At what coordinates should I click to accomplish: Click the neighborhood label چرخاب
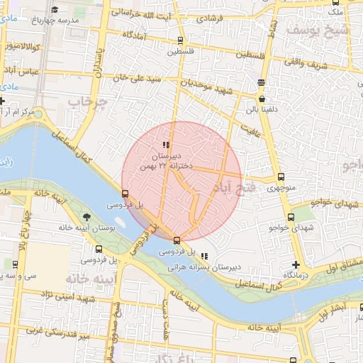pos(86,104)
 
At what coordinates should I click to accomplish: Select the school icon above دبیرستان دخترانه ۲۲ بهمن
pos(166,145)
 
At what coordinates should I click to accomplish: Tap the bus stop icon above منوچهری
pos(281,177)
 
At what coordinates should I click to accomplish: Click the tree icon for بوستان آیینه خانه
pos(86,217)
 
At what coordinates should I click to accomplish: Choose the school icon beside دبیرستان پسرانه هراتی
pos(205,257)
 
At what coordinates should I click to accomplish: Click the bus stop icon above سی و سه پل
pos(16,264)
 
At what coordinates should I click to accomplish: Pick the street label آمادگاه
pos(134,34)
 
